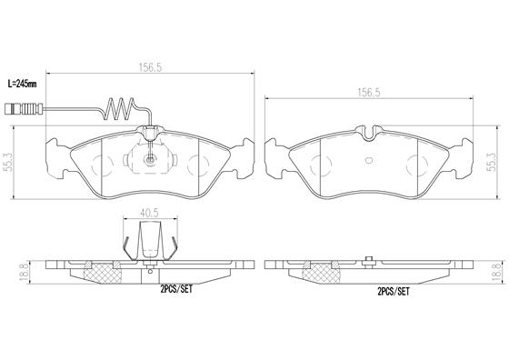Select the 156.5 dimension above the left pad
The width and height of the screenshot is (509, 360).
coord(139,65)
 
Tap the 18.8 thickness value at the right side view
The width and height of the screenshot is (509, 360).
coord(496,270)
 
